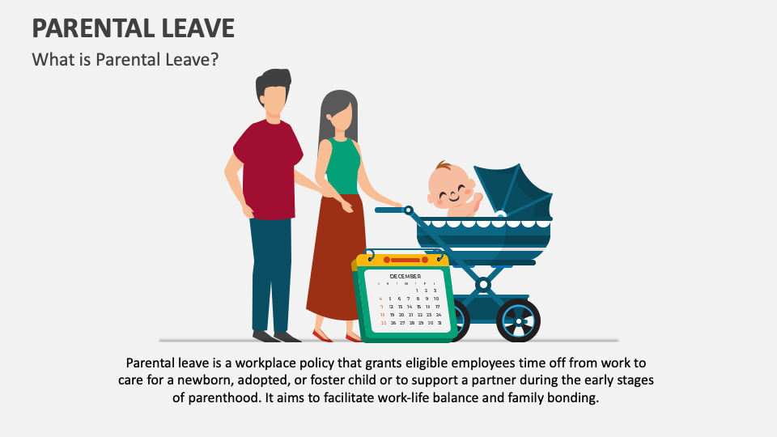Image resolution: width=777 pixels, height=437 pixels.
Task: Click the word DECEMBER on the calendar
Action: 405,277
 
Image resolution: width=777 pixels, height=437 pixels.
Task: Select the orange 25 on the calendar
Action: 383,323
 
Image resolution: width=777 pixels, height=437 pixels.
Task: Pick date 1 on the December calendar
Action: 418,291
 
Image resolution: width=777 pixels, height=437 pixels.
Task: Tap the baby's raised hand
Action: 477,196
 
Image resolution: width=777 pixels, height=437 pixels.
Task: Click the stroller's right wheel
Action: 518,319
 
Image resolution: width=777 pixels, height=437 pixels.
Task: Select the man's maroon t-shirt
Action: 268,167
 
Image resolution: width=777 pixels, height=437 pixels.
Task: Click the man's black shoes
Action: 276,336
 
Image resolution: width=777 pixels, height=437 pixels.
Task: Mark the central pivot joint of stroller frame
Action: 483,284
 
